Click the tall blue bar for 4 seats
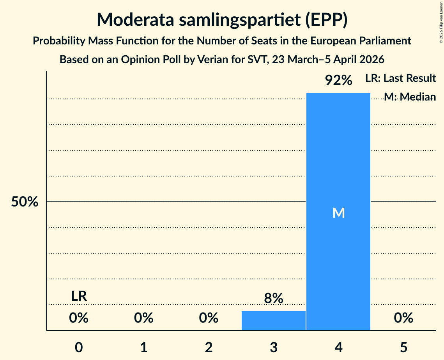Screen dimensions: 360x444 (x=338, y=156)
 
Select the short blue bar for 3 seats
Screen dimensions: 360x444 (x=273, y=321)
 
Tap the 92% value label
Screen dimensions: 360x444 (x=338, y=81)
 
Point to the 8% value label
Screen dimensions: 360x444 (x=273, y=298)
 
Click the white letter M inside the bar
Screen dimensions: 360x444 (x=338, y=213)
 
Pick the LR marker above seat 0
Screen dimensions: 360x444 (x=79, y=296)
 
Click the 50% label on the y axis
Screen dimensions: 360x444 (x=25, y=202)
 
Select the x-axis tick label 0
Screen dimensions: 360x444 (x=79, y=347)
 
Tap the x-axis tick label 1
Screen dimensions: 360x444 (x=144, y=347)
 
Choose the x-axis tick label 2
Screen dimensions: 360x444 (x=209, y=347)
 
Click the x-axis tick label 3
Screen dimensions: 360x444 (x=273, y=347)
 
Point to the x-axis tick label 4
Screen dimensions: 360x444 (x=338, y=347)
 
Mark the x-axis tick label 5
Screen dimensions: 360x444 (x=403, y=347)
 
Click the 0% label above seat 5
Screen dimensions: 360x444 (x=403, y=318)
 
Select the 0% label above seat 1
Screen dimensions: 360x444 (x=144, y=318)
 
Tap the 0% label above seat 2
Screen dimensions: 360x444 (x=209, y=318)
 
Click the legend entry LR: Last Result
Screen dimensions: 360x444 (x=400, y=78)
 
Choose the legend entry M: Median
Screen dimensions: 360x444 (x=410, y=97)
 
